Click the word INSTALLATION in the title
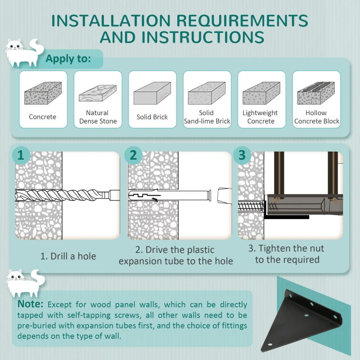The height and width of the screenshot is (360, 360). click(x=111, y=21)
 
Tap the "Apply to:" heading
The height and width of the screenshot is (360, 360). click(x=68, y=59)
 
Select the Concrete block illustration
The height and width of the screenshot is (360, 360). click(x=43, y=93)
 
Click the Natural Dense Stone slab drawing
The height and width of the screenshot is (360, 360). click(x=98, y=93)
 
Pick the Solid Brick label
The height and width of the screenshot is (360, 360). click(x=152, y=117)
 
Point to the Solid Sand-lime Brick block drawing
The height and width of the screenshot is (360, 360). click(x=207, y=93)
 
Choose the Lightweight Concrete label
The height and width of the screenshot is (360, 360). click(x=261, y=117)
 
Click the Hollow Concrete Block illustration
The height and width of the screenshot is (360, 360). click(x=316, y=93)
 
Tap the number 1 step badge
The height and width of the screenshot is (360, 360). click(x=21, y=155)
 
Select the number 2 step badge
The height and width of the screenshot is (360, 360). click(x=133, y=155)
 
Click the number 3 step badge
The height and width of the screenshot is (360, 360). click(x=242, y=155)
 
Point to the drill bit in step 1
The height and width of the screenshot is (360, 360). click(x=67, y=196)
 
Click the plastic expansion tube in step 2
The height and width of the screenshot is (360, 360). click(x=170, y=196)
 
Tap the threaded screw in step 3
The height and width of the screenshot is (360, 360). click(x=252, y=207)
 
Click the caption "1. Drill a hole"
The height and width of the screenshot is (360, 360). click(x=68, y=256)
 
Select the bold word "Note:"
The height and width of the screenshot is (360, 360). click(x=30, y=304)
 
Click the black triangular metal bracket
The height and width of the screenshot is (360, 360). click(x=301, y=321)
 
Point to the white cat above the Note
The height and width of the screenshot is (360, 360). click(x=26, y=283)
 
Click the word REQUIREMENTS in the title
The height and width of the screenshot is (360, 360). click(x=242, y=21)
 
